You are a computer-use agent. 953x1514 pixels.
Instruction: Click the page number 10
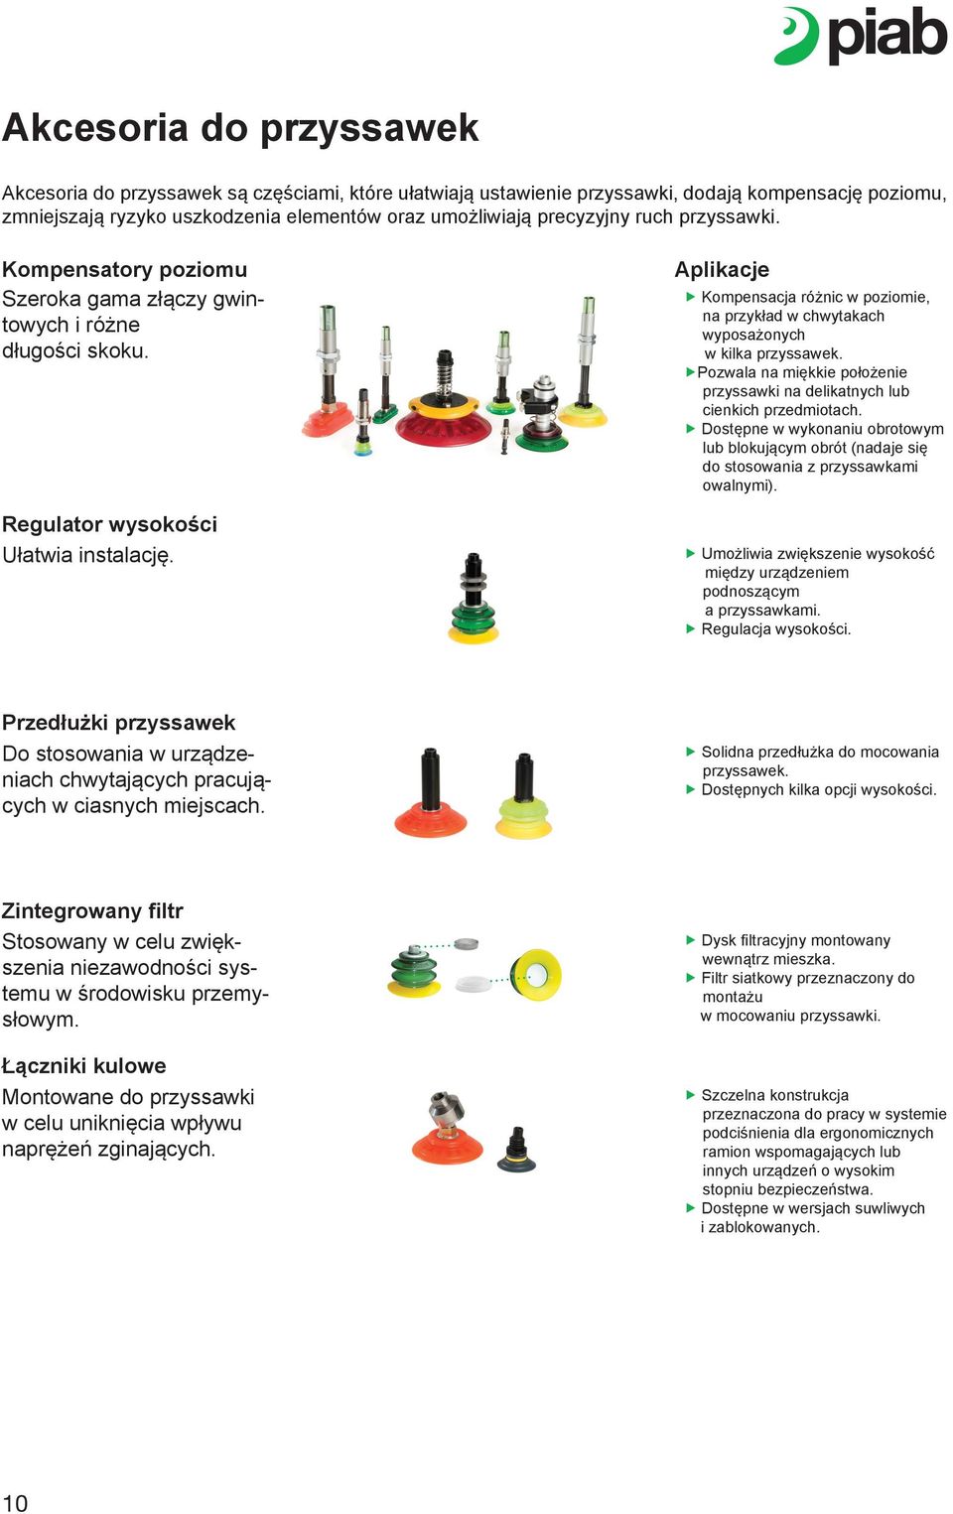coord(15,1502)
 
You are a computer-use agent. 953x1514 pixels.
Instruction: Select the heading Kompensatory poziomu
coord(124,269)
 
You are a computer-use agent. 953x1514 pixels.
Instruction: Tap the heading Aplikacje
coord(722,269)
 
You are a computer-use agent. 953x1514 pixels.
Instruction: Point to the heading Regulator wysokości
coord(109,524)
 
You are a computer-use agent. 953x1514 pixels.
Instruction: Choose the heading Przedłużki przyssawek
coord(118,723)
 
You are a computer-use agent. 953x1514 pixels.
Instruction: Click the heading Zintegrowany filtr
coord(92,910)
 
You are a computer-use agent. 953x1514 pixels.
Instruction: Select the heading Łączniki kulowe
coord(83,1065)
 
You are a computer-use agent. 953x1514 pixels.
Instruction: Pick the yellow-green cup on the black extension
coord(523,818)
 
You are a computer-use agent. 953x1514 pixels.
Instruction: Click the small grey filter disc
coord(467,943)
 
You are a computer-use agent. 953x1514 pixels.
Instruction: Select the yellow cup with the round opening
coord(537,975)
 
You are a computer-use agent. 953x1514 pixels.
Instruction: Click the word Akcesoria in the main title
coord(95,127)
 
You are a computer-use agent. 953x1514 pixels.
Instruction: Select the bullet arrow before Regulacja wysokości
coord(691,628)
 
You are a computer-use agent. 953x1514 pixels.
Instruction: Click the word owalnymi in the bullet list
coord(738,485)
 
